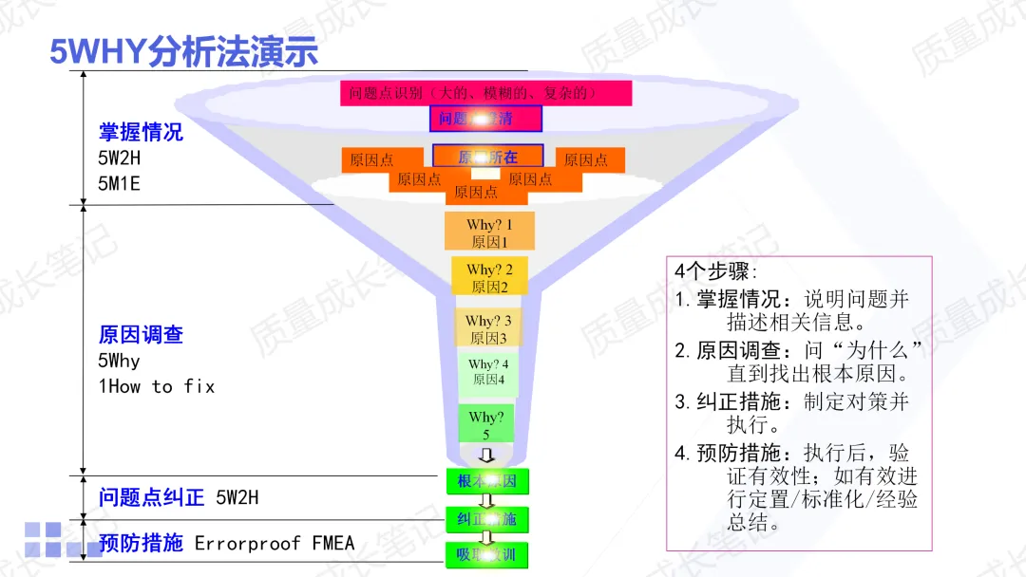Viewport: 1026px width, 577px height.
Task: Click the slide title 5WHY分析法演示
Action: [183, 52]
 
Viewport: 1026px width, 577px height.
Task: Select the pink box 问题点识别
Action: [485, 93]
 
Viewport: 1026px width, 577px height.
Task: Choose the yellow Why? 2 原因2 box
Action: [489, 277]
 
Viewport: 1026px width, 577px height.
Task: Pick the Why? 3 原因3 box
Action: [489, 328]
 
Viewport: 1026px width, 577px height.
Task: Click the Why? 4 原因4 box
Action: [488, 372]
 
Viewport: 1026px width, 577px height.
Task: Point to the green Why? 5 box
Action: [485, 424]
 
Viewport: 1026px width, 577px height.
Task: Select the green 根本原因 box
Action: [486, 482]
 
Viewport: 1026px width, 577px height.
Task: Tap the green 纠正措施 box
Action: [486, 519]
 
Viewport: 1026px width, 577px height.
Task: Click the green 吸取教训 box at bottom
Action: [486, 554]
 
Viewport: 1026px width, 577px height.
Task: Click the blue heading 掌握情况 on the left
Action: [141, 132]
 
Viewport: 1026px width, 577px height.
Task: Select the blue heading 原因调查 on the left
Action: [141, 334]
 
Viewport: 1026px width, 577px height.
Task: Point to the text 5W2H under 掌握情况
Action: [119, 158]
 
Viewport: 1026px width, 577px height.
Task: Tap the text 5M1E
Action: [119, 183]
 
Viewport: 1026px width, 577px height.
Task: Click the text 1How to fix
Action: [157, 386]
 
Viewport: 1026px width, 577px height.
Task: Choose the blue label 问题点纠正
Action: [151, 497]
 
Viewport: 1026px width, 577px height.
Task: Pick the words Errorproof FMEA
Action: [275, 544]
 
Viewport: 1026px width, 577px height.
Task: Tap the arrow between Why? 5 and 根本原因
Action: [486, 456]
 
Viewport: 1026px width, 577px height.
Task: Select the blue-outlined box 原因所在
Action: [487, 157]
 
